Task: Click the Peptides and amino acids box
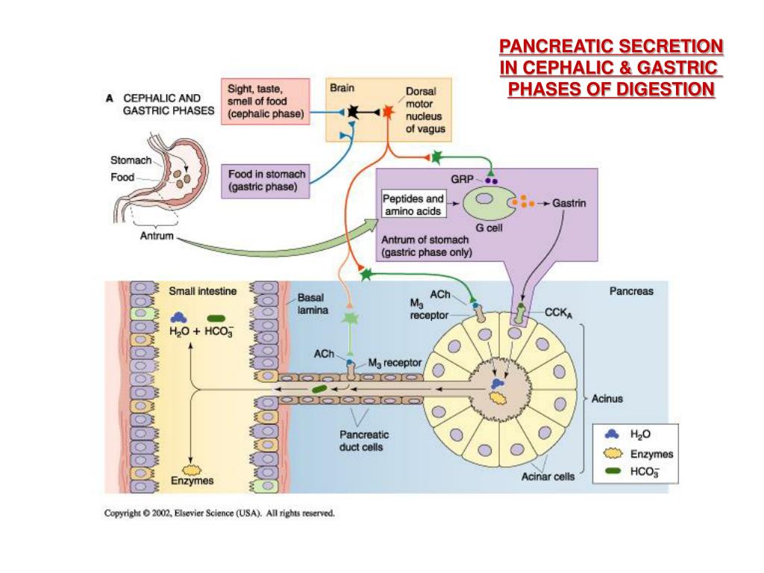(413, 205)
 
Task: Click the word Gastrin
(568, 203)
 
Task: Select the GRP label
(460, 180)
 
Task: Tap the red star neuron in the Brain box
(387, 112)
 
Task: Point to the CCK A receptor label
(557, 313)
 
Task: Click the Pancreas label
(632, 291)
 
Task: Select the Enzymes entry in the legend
(651, 454)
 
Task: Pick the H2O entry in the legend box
(642, 433)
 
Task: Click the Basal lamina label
(313, 303)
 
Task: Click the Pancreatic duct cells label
(363, 441)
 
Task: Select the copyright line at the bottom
(219, 513)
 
